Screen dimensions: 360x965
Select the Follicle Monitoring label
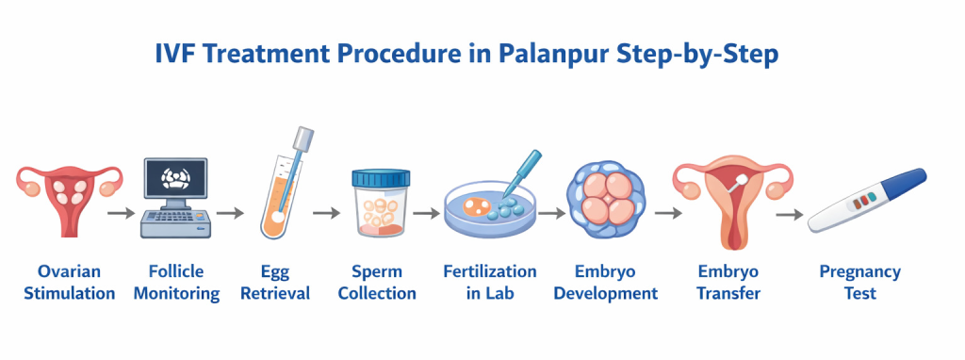pyautogui.click(x=176, y=283)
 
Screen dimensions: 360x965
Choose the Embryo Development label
pyautogui.click(x=605, y=283)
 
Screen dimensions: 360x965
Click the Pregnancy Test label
pyautogui.click(x=859, y=283)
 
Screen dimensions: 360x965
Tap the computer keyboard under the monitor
pyautogui.click(x=176, y=223)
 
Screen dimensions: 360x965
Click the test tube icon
pyautogui.click(x=284, y=188)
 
